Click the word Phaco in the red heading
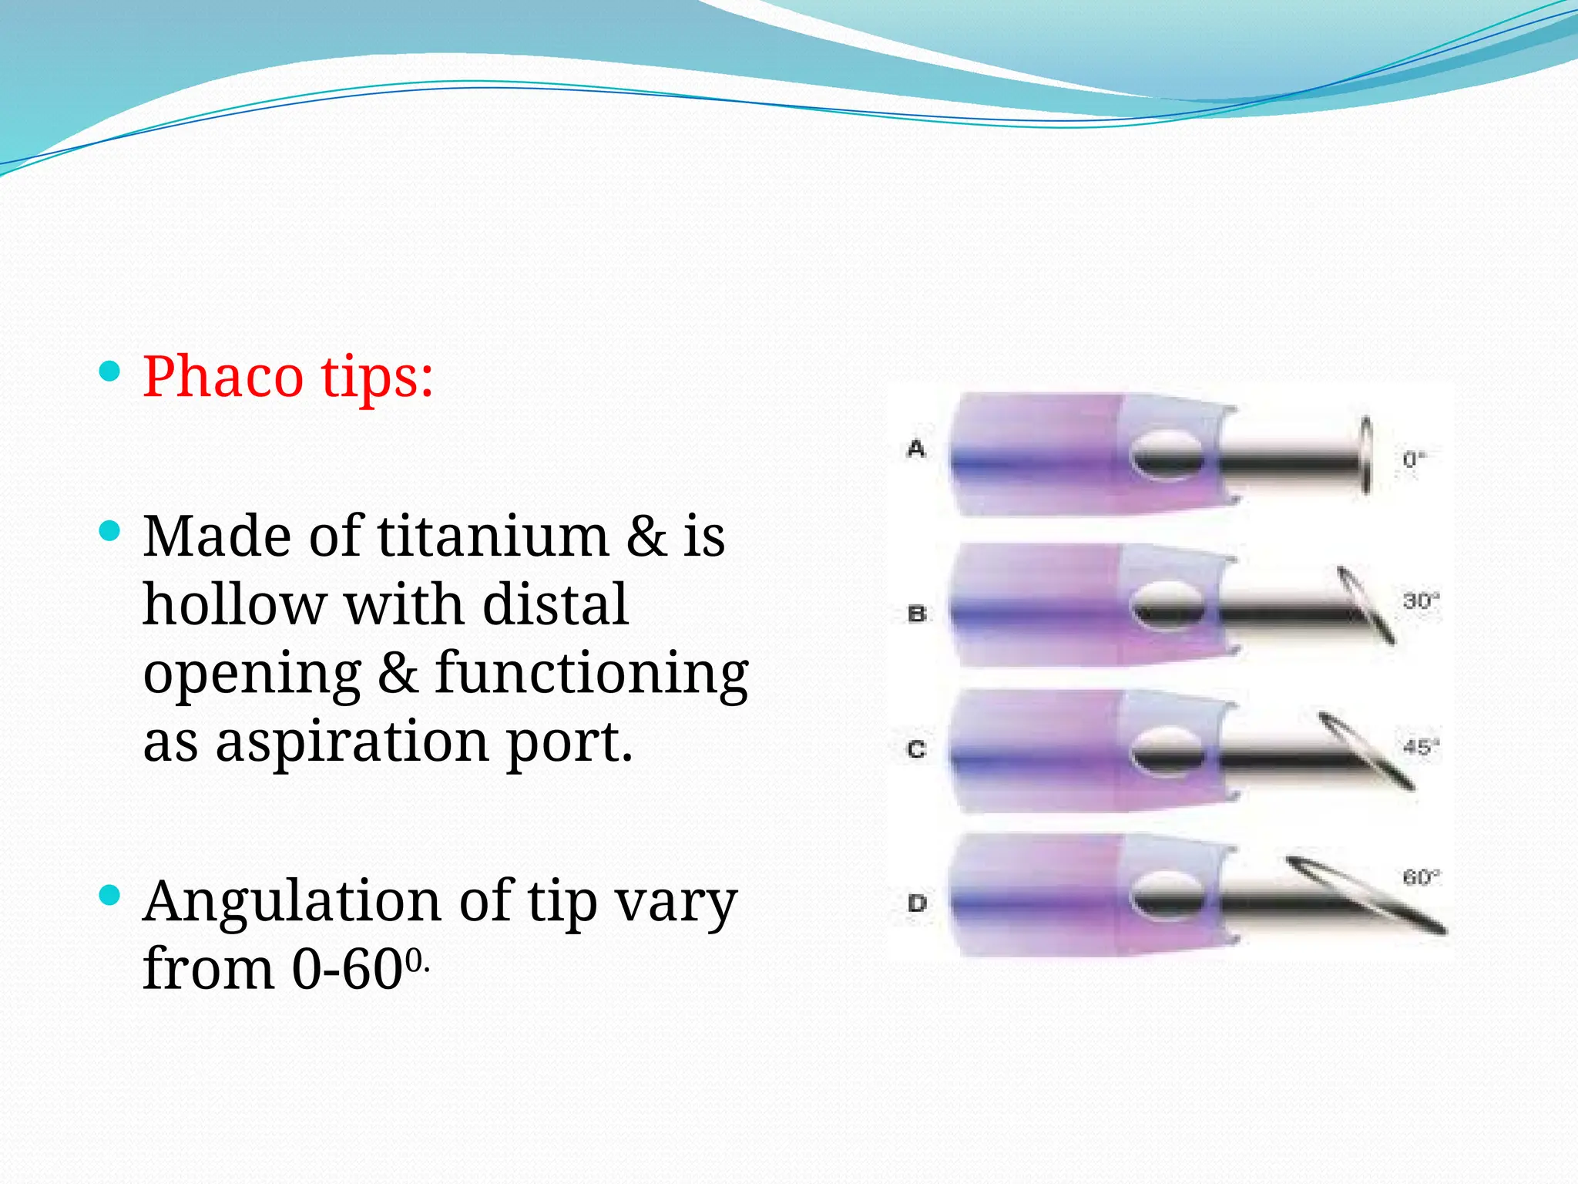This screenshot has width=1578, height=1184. (223, 377)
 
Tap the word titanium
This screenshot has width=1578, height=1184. (493, 536)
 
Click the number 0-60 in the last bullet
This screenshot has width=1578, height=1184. (347, 968)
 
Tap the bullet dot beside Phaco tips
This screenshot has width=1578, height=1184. (110, 372)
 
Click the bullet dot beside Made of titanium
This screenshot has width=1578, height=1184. (110, 531)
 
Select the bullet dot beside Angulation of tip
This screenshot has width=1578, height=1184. (110, 895)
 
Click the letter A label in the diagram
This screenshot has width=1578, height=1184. (916, 448)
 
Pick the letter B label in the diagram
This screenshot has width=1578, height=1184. (917, 614)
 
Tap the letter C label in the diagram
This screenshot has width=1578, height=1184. (917, 748)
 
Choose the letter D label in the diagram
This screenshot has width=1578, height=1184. (917, 903)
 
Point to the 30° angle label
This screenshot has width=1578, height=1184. (1421, 600)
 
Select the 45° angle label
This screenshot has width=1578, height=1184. (1421, 746)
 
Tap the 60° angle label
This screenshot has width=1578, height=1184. (1421, 877)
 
